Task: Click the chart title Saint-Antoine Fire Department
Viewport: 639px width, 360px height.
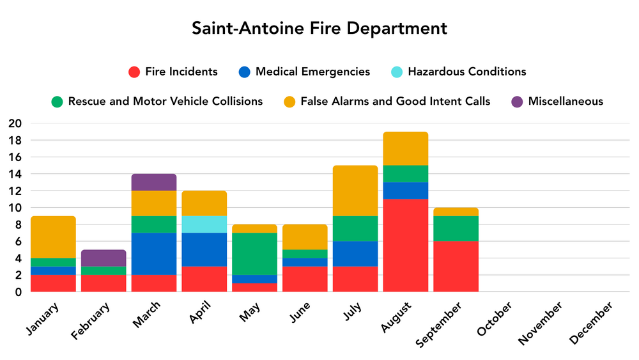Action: pos(319,29)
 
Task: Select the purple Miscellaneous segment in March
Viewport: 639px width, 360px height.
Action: pos(154,182)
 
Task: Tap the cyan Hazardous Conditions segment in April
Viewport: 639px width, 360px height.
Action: pos(204,224)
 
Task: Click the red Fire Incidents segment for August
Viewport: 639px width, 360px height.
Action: pos(405,246)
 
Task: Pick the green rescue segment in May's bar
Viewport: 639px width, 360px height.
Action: pos(254,254)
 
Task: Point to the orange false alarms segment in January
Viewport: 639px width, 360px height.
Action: pos(54,237)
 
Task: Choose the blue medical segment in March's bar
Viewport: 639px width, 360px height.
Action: pos(154,254)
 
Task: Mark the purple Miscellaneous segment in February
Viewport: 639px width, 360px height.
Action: pos(104,258)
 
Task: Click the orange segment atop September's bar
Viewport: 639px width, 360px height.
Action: pos(456,212)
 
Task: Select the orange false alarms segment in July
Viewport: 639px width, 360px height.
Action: pos(355,191)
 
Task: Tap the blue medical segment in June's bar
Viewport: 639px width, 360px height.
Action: pos(305,262)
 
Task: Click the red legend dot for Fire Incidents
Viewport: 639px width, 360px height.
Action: pos(134,72)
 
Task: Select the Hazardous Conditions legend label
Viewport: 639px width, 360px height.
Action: pos(466,72)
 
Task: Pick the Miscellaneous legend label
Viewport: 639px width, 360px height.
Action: pos(566,101)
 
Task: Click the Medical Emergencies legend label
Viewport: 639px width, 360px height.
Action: pos(312,72)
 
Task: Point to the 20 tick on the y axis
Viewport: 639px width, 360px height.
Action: pos(14,123)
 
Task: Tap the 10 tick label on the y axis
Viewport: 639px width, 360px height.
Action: pos(14,208)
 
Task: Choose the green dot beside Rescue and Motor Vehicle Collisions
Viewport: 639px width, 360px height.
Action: pos(58,101)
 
